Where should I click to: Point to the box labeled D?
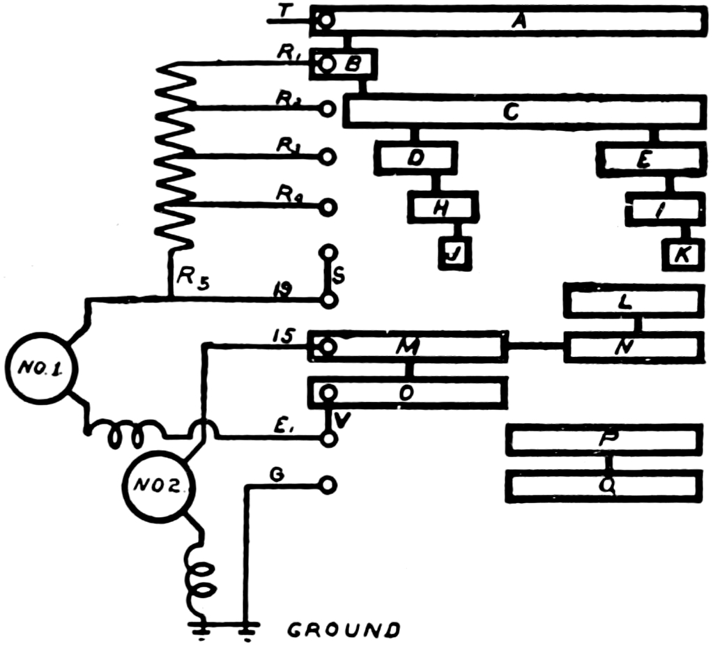(x=415, y=159)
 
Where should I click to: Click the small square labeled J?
(x=454, y=254)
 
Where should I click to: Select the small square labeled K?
(x=682, y=254)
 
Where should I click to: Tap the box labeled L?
(x=634, y=301)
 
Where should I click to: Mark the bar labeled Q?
(x=604, y=486)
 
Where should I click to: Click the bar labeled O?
(x=408, y=393)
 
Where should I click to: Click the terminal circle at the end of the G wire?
(x=328, y=485)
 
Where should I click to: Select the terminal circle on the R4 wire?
(x=328, y=207)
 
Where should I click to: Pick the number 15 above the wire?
(x=282, y=335)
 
